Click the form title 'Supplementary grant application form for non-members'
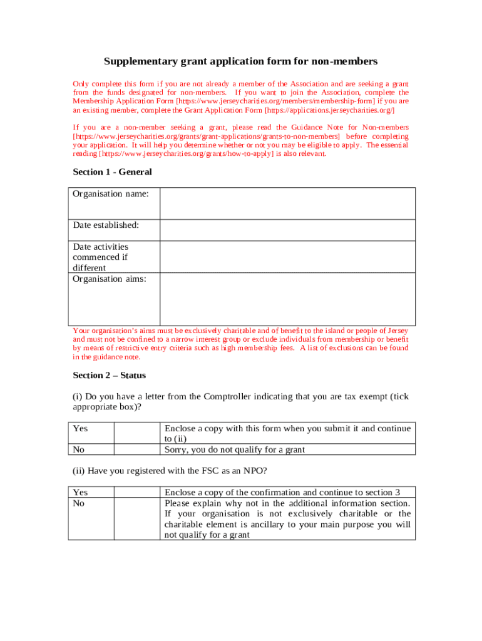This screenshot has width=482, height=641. tap(240, 61)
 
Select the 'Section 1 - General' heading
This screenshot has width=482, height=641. tap(112, 172)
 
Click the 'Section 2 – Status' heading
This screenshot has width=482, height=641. tap(109, 375)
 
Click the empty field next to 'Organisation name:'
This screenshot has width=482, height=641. tap(287, 203)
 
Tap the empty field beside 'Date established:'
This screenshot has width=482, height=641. tap(287, 230)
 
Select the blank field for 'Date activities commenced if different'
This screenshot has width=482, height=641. tap(287, 257)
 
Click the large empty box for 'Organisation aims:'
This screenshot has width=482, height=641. tap(287, 299)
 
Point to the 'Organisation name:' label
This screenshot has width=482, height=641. tap(111, 194)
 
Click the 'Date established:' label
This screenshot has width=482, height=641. tap(106, 225)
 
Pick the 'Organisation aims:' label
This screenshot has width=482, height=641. tap(110, 279)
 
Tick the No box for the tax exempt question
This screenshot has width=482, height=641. tap(136, 449)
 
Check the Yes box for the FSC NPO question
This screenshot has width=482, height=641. tap(136, 492)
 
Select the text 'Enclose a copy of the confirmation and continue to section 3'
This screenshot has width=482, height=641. tap(282, 492)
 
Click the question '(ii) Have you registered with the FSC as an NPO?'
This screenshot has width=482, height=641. tap(169, 470)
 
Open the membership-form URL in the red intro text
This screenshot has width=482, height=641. tap(275, 101)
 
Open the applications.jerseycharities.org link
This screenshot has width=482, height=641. tap(330, 110)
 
